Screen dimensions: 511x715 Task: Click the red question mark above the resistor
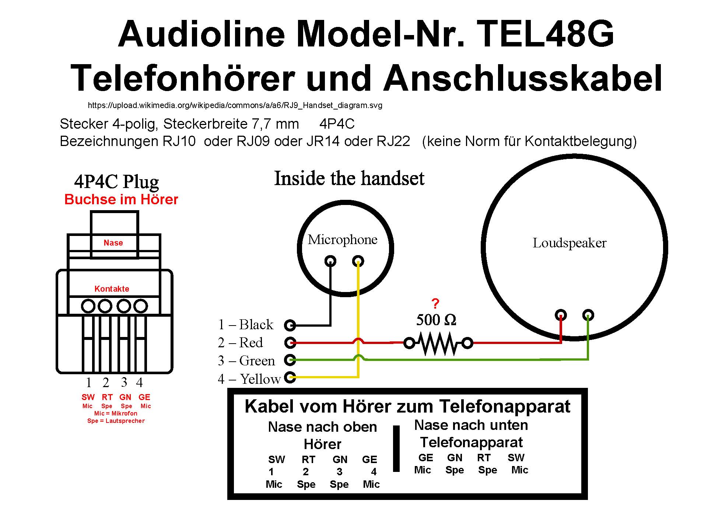(x=435, y=304)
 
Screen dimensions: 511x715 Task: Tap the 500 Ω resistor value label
(x=436, y=320)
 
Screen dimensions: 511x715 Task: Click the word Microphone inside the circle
(x=343, y=240)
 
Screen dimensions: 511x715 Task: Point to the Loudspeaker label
(x=569, y=243)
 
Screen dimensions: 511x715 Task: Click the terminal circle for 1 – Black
(x=290, y=325)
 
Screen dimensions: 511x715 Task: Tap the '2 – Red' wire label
(x=240, y=343)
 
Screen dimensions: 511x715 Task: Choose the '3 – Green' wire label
(x=246, y=361)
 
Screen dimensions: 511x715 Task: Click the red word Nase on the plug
(x=113, y=243)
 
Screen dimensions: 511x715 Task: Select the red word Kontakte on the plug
(x=112, y=289)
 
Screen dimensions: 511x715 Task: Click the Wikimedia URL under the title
(x=235, y=105)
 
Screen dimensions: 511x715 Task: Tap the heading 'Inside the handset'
(x=349, y=178)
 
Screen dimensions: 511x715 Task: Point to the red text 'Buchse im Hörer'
(x=121, y=199)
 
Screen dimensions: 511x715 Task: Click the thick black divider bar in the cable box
(x=396, y=448)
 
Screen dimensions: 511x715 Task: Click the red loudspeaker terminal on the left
(x=561, y=315)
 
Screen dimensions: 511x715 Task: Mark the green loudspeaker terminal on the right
(x=588, y=315)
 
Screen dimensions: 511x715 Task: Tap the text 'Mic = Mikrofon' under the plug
(x=116, y=414)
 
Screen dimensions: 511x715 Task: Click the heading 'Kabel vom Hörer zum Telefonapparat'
(x=407, y=407)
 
